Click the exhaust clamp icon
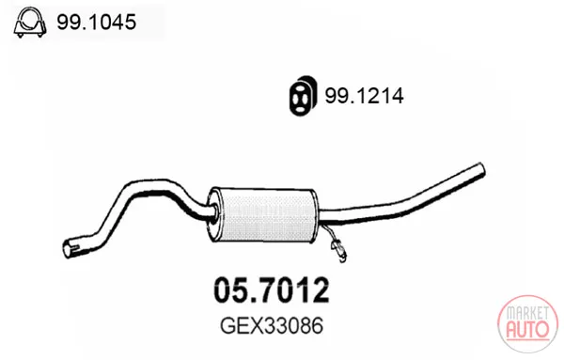(30, 23)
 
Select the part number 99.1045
(97, 22)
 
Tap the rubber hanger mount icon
(304, 96)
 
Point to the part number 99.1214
(364, 96)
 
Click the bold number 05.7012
(272, 290)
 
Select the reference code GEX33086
(272, 326)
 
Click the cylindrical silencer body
(263, 214)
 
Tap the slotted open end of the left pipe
(70, 248)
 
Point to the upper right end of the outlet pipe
(481, 170)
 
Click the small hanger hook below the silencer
(338, 247)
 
